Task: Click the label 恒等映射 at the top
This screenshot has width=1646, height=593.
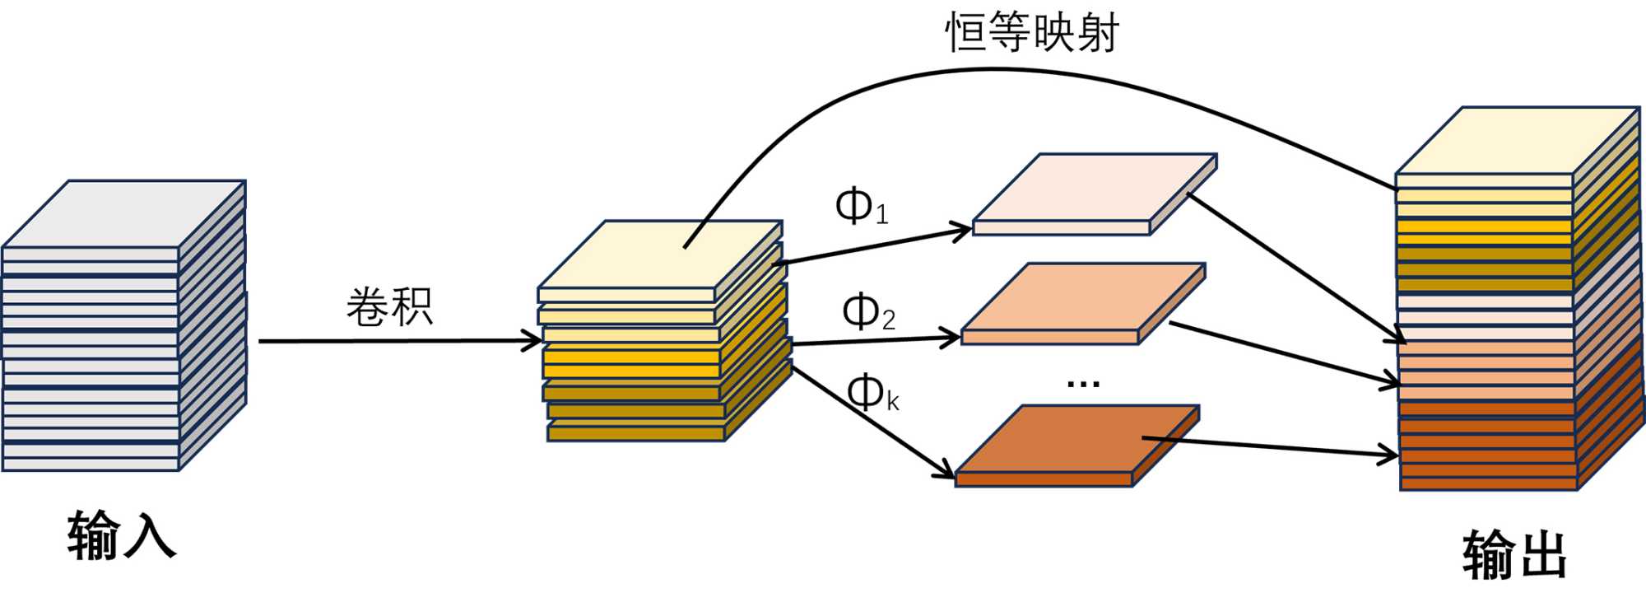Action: tap(1032, 33)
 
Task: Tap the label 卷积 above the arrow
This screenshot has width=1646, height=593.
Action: tap(389, 307)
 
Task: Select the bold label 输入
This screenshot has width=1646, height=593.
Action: tap(122, 535)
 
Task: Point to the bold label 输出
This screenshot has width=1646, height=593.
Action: tap(1514, 554)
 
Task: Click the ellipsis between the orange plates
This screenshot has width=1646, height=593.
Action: tap(1083, 384)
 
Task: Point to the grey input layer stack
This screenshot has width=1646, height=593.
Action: tap(123, 329)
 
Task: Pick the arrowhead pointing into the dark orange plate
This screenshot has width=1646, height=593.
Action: tap(946, 472)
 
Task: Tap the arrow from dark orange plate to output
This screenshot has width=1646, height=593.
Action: tap(1276, 446)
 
